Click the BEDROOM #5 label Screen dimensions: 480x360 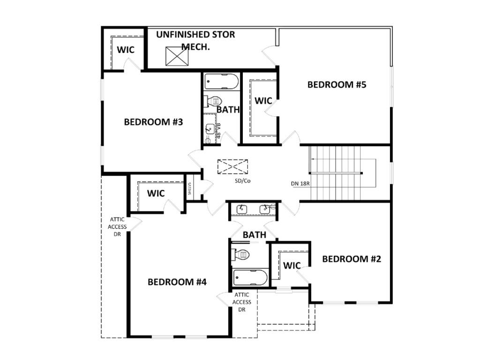click(x=337, y=84)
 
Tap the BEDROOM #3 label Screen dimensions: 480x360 click(x=153, y=122)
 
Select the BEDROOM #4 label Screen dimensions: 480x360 click(x=177, y=282)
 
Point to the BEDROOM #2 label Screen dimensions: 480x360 click(x=352, y=259)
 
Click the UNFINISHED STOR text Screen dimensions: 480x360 click(x=195, y=35)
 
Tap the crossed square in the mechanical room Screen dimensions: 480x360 click(x=177, y=56)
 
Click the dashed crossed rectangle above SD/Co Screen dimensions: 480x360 click(x=232, y=167)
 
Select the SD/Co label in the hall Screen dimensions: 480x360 click(x=243, y=181)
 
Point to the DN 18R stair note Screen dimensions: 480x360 click(x=300, y=184)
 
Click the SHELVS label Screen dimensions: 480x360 click(x=189, y=188)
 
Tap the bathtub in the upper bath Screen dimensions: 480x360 click(x=222, y=82)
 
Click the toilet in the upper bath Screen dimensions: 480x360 click(x=213, y=101)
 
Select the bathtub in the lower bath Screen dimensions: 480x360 click(x=250, y=277)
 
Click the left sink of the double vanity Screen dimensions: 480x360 click(x=242, y=209)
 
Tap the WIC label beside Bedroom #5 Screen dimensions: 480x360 click(x=263, y=101)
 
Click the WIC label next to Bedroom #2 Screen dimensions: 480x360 click(x=292, y=265)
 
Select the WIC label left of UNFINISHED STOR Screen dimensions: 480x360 click(x=126, y=50)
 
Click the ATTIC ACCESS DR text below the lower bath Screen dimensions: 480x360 click(x=242, y=302)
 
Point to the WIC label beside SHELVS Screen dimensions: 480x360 click(x=156, y=194)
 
